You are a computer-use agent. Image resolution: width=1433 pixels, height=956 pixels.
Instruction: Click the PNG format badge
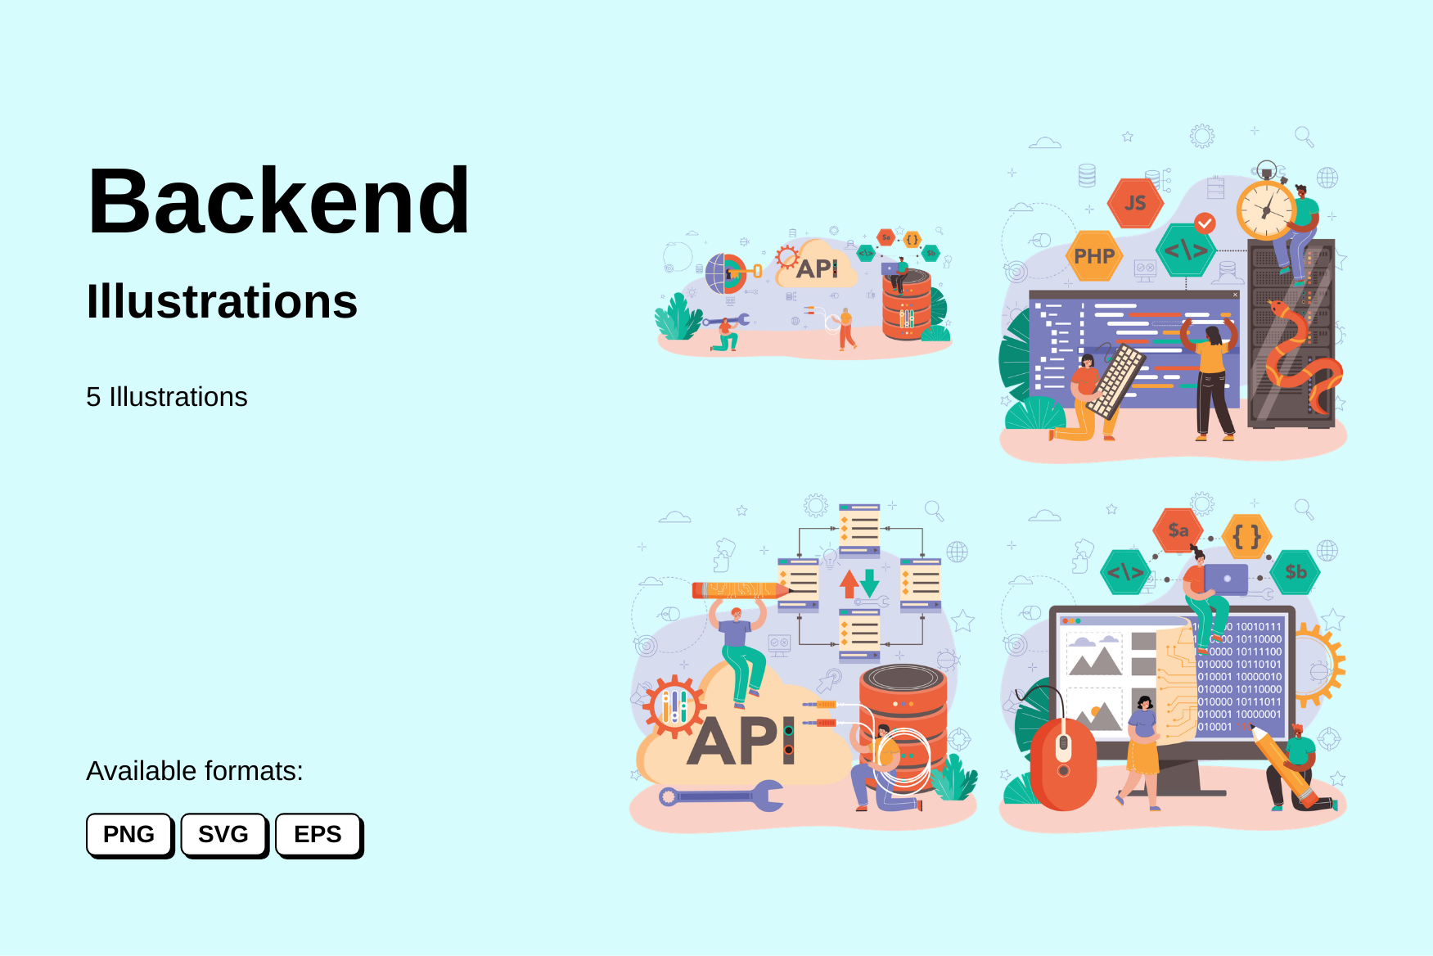pyautogui.click(x=129, y=834)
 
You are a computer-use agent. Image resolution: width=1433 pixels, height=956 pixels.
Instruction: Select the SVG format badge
pyautogui.click(x=223, y=834)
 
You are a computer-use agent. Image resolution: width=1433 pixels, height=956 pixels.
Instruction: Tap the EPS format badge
pyautogui.click(x=318, y=834)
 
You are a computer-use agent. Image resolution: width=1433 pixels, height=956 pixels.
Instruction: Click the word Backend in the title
pyautogui.click(x=279, y=201)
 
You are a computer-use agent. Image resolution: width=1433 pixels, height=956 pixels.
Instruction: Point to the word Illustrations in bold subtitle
pyautogui.click(x=222, y=301)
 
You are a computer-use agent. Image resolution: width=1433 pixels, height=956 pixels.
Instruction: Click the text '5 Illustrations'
pyautogui.click(x=166, y=397)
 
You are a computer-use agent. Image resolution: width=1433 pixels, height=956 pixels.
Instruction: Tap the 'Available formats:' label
pyautogui.click(x=195, y=771)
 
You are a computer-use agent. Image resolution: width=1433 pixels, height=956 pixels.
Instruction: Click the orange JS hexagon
pyautogui.click(x=1135, y=203)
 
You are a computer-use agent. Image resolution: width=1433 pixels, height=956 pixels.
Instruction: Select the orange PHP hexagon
pyautogui.click(x=1094, y=256)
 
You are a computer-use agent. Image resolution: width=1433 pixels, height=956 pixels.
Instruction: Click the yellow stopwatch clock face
pyautogui.click(x=1266, y=211)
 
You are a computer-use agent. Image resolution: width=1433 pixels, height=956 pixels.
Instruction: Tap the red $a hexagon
pyautogui.click(x=1178, y=530)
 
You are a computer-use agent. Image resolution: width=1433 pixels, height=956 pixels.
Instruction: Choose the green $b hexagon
pyautogui.click(x=1296, y=572)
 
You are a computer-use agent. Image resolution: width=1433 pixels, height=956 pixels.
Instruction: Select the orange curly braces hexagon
pyautogui.click(x=1246, y=537)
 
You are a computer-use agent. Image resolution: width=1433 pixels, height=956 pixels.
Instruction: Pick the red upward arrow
pyautogui.click(x=849, y=584)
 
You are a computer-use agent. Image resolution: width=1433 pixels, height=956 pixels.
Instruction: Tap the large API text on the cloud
pyautogui.click(x=741, y=742)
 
